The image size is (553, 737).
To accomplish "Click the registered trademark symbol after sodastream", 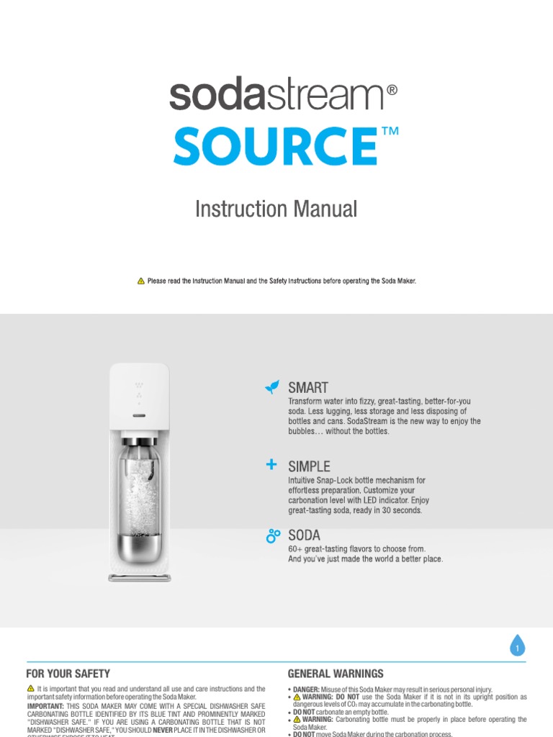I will point(392,91).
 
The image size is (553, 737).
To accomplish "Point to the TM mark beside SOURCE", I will point(390,132).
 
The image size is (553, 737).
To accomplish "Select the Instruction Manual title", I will point(276,209).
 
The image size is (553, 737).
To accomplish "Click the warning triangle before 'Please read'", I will point(141,281).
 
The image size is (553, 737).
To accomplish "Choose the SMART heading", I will point(308,388).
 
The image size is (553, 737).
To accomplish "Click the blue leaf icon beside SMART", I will point(271,388).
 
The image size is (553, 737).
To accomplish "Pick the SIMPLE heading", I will point(309,466).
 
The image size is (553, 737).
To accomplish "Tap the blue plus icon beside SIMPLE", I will point(271,465).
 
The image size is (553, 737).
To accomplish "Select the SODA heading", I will point(304,535).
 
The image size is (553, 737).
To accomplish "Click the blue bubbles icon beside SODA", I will point(272,535).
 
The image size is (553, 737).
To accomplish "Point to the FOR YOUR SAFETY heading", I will point(68,674).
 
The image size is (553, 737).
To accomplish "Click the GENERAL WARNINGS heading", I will point(336,674).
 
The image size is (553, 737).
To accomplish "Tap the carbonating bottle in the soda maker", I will point(140,489).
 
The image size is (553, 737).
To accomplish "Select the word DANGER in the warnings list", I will point(306,689).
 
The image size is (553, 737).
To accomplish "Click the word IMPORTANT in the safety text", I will point(45,706).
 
